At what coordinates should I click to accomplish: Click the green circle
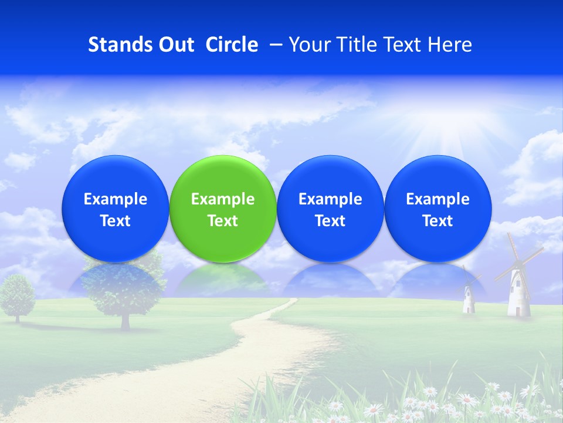(223, 209)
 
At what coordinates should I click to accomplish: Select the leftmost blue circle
(116, 209)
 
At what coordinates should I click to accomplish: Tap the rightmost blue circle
(437, 209)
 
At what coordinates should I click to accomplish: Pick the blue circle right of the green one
(330, 209)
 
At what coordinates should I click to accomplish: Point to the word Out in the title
(174, 45)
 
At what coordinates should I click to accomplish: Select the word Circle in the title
(232, 45)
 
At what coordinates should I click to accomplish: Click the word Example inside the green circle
(223, 199)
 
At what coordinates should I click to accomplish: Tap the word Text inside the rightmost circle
(437, 221)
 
